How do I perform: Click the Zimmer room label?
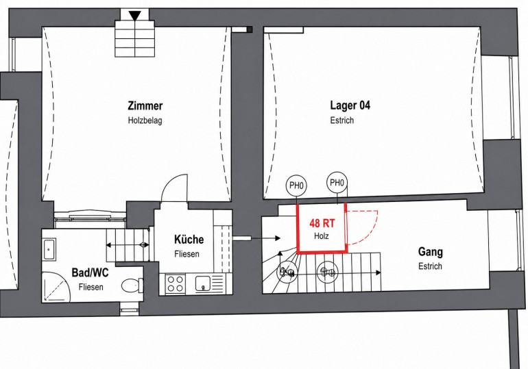(145, 105)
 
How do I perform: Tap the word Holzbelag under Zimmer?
(145, 120)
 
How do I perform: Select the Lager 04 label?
(350, 105)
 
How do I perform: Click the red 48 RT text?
(322, 222)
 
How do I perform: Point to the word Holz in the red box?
(322, 236)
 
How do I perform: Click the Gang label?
(431, 252)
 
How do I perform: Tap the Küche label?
(189, 240)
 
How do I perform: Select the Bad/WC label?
(91, 272)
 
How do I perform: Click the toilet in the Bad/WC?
(132, 286)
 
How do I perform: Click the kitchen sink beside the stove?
(203, 283)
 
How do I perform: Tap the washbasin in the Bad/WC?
(49, 249)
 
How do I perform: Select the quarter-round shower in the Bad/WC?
(56, 287)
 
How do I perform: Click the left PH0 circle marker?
(296, 185)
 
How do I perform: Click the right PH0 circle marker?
(337, 183)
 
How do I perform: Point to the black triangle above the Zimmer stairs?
(134, 16)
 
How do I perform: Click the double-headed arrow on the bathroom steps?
(128, 245)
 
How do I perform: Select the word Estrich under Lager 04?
(341, 120)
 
